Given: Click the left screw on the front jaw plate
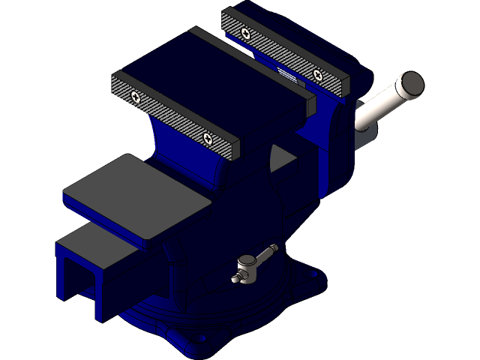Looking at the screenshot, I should pyautogui.click(x=135, y=96).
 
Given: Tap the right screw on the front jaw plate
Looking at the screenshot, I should pyautogui.click(x=206, y=137).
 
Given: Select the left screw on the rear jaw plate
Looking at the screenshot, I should pyautogui.click(x=245, y=32).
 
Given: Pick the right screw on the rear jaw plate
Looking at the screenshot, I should pyautogui.click(x=319, y=74).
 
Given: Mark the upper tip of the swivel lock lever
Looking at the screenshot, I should pyautogui.click(x=274, y=247).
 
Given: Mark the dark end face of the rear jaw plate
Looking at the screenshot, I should pyautogui.click(x=346, y=87).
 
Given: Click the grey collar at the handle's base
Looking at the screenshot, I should pyautogui.click(x=363, y=135).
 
